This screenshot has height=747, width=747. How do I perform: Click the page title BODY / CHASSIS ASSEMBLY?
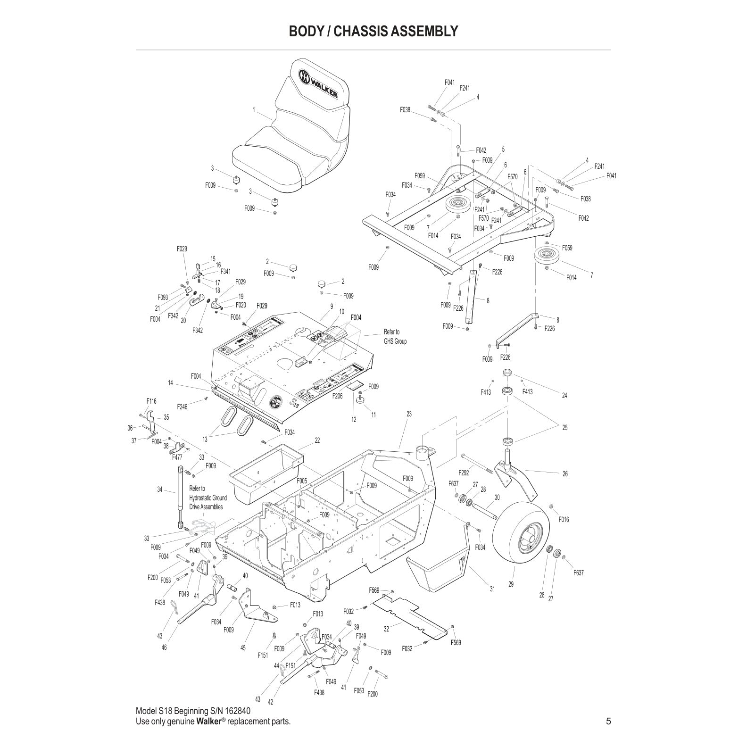click(x=373, y=31)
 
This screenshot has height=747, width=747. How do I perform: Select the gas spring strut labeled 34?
click(x=180, y=495)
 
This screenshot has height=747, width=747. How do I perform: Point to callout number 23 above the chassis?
click(x=409, y=414)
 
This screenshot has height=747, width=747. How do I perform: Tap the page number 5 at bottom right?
click(x=608, y=721)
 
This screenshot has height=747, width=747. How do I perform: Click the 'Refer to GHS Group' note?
click(x=395, y=336)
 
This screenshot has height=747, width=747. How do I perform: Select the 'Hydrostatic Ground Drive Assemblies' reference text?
click(x=207, y=498)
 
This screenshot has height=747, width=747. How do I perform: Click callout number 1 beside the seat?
click(x=254, y=110)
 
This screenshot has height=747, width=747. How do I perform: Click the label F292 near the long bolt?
click(x=464, y=473)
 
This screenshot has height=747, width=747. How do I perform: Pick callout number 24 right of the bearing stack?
click(x=564, y=395)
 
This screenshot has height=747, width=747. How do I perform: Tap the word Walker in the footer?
click(x=209, y=722)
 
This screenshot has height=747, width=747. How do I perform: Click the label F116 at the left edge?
click(x=151, y=401)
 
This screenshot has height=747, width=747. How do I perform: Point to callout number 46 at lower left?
click(x=164, y=647)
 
